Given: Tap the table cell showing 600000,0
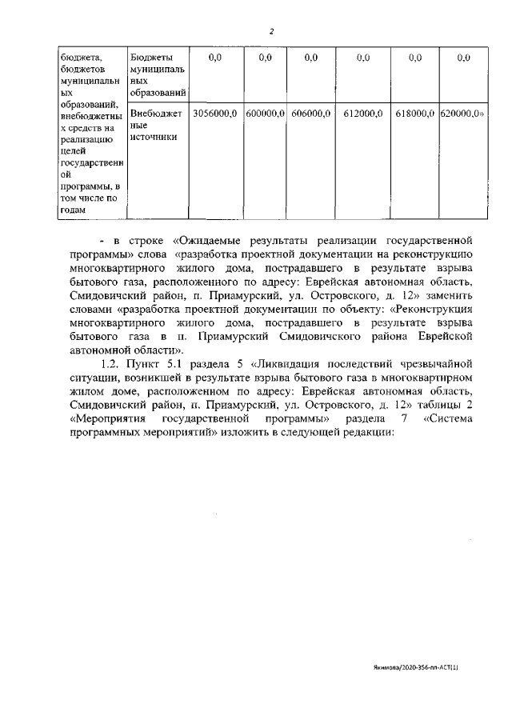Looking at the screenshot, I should coord(266,114).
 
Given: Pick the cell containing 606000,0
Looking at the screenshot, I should coord(311,114).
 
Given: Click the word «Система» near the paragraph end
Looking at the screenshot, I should coord(448,418).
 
